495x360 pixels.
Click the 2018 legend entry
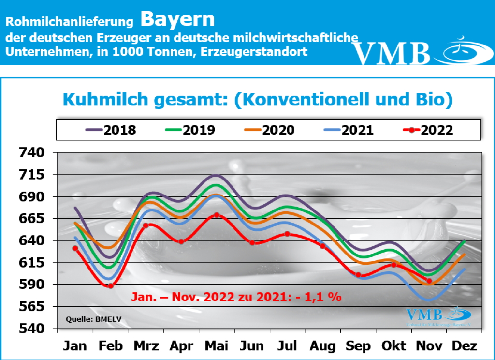click(x=111, y=130)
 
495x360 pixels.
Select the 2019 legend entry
click(x=190, y=130)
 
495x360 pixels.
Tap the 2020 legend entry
click(x=269, y=130)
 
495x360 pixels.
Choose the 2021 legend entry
click(x=349, y=130)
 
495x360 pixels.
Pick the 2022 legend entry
click(x=428, y=130)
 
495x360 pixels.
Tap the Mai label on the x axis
click(x=217, y=346)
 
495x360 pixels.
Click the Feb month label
click(x=110, y=346)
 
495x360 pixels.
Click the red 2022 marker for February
click(x=110, y=286)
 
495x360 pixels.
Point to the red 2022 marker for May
click(x=217, y=215)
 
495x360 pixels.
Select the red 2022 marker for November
click(x=429, y=281)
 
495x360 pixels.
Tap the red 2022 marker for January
click(x=75, y=248)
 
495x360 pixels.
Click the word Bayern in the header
click(x=177, y=19)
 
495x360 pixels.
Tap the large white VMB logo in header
click(x=392, y=52)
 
